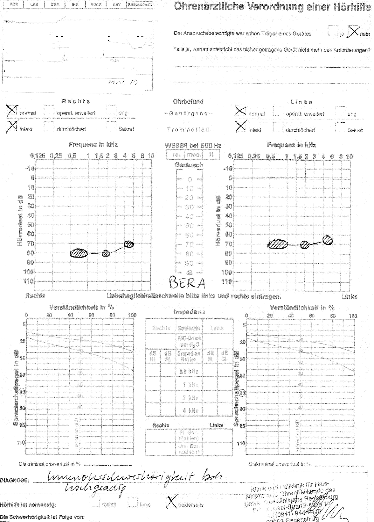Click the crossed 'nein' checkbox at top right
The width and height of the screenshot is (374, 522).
click(x=354, y=32)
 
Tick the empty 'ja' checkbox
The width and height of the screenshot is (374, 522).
click(x=333, y=31)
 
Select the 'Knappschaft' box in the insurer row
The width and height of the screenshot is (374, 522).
click(x=140, y=5)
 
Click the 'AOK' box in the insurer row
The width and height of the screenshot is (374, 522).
click(x=14, y=4)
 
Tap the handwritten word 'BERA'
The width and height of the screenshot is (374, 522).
click(x=187, y=282)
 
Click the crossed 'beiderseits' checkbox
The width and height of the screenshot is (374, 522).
click(x=171, y=503)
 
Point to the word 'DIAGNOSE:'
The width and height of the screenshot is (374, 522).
click(x=15, y=480)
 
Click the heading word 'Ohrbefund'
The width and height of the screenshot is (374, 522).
click(x=188, y=102)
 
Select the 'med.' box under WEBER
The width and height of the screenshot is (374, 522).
click(x=193, y=155)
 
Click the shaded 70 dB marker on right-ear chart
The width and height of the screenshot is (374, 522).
click(x=129, y=244)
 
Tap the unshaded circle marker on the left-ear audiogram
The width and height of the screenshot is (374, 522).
click(x=328, y=240)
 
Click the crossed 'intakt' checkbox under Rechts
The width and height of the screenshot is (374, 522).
click(x=12, y=126)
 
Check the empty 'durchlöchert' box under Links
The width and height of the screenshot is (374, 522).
click(x=278, y=127)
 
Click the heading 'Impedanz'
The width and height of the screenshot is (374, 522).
click(x=190, y=312)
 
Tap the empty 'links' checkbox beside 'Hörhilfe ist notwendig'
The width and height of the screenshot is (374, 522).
click(x=133, y=502)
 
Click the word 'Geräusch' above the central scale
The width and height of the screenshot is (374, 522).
click(x=189, y=165)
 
